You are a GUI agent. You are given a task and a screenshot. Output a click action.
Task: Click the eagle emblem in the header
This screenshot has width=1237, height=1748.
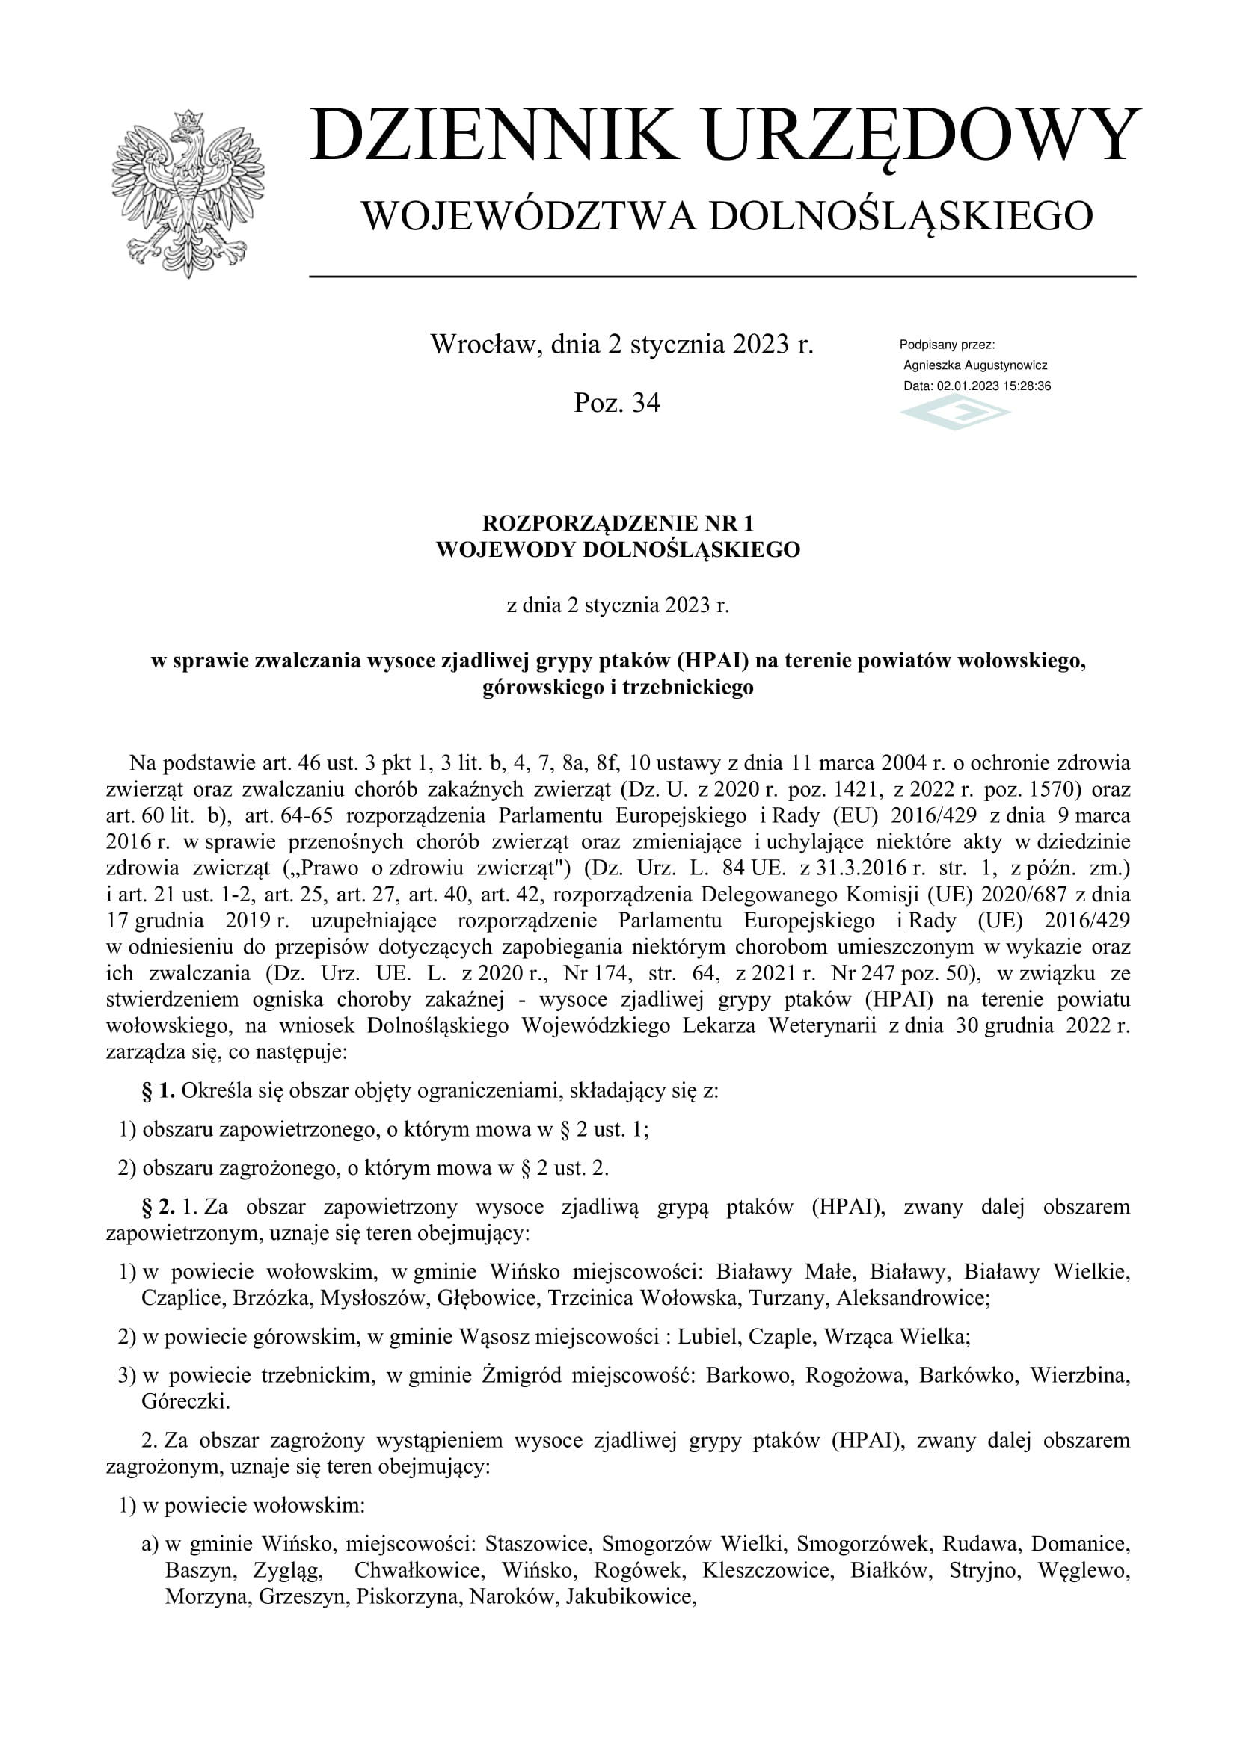coord(188,194)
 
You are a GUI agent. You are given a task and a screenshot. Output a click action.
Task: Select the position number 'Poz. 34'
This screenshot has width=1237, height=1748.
coord(617,403)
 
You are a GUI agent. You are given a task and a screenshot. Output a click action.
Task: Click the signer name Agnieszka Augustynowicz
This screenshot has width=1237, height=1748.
coord(975,365)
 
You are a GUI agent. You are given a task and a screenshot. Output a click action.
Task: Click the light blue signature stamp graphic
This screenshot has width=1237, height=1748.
coord(955,414)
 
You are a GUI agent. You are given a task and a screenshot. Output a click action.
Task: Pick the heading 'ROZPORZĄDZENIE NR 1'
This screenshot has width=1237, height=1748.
coord(618,523)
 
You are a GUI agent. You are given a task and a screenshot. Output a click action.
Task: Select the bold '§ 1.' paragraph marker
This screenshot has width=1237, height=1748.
coord(159,1092)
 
